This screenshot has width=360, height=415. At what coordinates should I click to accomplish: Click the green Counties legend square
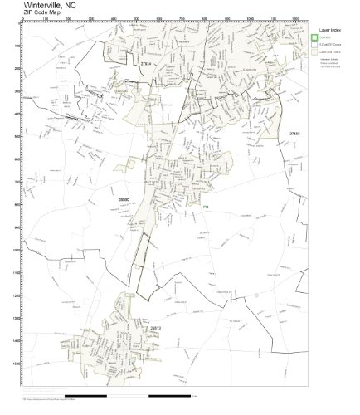coord(314,37)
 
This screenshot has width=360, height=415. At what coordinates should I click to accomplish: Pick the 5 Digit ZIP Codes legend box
coord(314,44)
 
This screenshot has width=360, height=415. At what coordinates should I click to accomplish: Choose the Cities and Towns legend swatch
coord(314,51)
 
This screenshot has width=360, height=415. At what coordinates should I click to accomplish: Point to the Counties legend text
coord(324,37)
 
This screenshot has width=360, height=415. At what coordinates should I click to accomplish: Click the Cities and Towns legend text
coord(329,51)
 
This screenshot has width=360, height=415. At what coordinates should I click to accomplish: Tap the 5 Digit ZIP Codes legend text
coord(329,44)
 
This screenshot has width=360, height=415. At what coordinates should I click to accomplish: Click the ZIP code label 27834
coord(146,63)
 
